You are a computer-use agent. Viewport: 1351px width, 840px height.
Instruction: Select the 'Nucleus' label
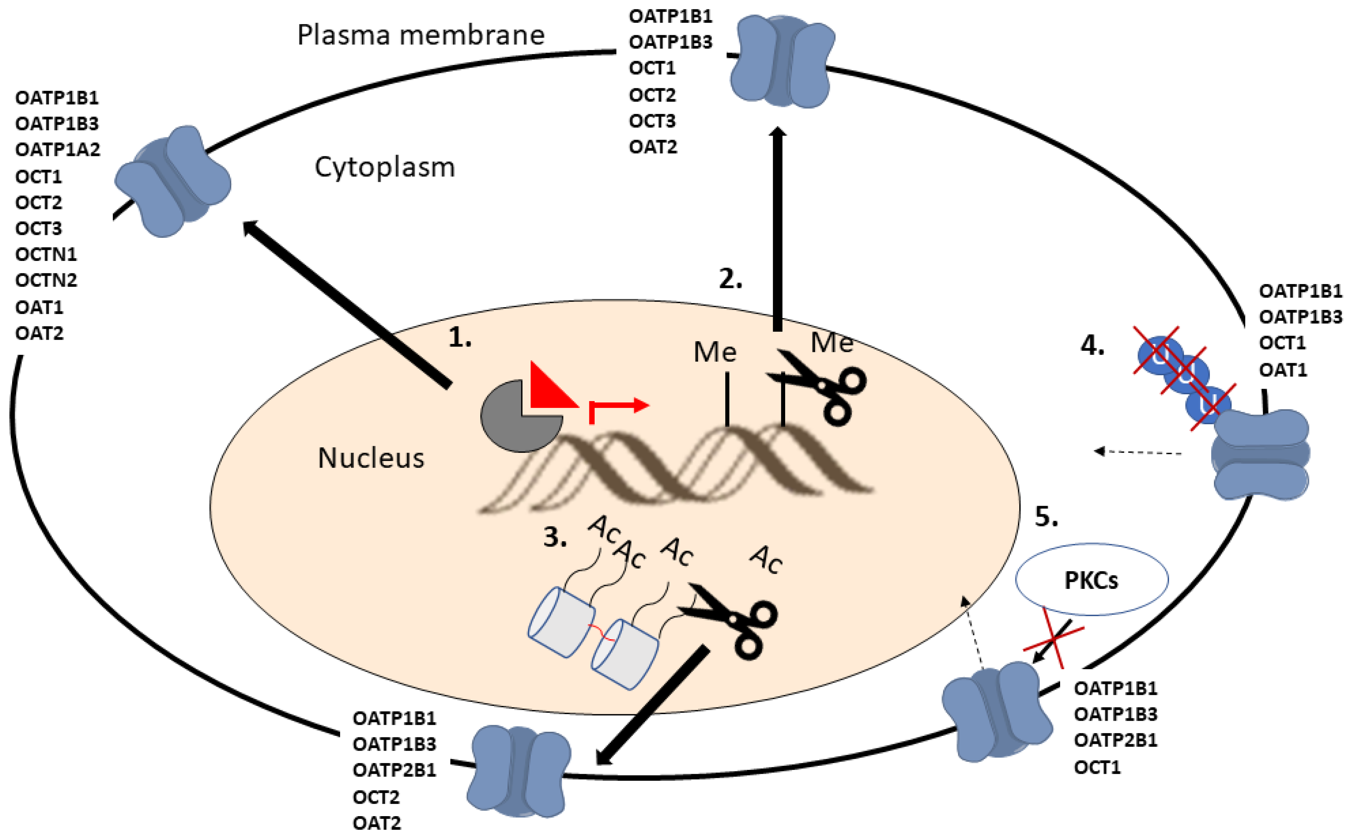coord(370,458)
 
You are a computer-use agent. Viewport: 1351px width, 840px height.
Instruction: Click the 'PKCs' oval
coord(1091,580)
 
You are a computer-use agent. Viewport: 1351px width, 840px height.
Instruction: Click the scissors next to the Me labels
coord(822,386)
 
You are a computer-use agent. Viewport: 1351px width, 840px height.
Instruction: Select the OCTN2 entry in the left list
coord(46,280)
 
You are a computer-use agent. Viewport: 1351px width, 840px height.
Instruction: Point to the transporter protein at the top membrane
coord(782,61)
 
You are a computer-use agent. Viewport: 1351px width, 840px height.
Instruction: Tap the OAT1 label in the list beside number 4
coord(1283,370)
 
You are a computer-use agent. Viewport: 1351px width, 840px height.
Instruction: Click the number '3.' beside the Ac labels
coord(555,537)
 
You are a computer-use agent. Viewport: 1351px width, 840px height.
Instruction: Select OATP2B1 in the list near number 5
coord(1115,740)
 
